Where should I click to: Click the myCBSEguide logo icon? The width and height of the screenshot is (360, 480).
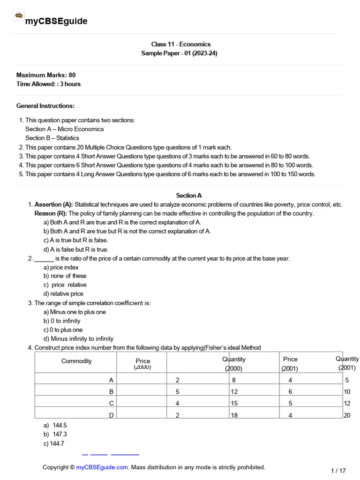[x=19, y=15]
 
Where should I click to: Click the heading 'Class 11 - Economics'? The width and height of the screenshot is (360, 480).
[x=179, y=44]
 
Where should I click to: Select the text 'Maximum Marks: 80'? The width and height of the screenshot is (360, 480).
[x=46, y=75]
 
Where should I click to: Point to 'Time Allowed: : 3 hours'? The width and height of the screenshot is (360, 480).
[x=48, y=84]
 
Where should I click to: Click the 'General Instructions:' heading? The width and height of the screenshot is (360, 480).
[x=45, y=106]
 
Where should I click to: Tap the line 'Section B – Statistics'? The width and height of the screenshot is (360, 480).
[x=52, y=138]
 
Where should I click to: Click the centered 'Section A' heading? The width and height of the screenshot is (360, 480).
[x=189, y=195]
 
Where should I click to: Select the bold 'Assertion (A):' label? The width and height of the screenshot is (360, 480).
[x=53, y=204]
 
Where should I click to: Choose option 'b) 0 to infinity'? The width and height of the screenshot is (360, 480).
[x=62, y=321]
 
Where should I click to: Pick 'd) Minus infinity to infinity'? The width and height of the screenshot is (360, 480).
[x=78, y=339]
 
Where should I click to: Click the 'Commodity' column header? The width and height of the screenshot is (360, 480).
[x=76, y=361]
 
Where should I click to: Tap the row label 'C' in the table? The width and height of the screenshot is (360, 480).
[x=111, y=403]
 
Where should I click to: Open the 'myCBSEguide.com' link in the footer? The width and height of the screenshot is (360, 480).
[x=102, y=467]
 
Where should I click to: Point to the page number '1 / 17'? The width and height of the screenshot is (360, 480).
[x=338, y=471]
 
